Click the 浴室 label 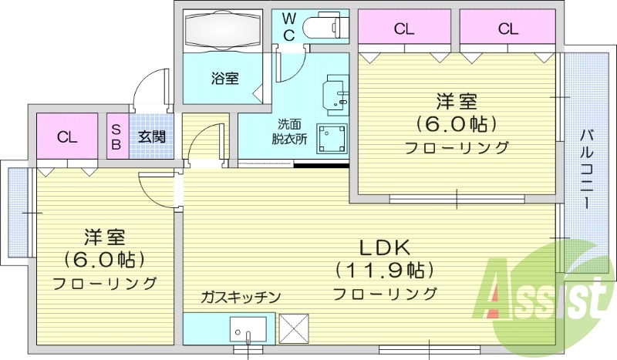point(225,78)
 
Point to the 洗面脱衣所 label point(289,132)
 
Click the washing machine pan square point(332,140)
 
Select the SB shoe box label point(117,136)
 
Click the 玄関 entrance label point(150,137)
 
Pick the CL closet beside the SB point(67,137)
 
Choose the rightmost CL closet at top point(507,29)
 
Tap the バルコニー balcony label point(585,166)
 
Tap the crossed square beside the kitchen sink point(293,327)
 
